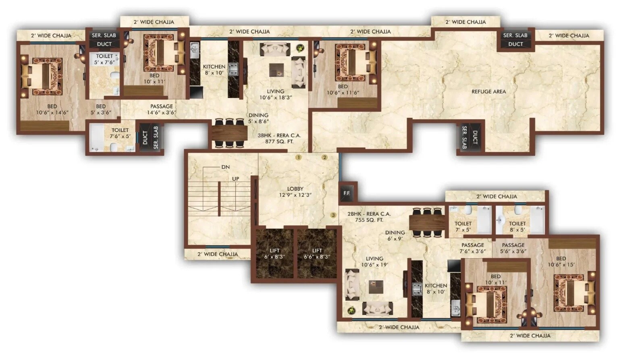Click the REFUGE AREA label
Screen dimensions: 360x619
(x=488, y=92)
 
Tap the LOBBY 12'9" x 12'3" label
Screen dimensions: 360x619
(x=295, y=192)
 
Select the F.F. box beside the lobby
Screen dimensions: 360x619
(x=347, y=193)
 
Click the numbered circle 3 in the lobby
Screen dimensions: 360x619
(x=333, y=215)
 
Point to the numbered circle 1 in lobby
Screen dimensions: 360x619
(x=298, y=158)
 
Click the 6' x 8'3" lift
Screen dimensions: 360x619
(x=274, y=254)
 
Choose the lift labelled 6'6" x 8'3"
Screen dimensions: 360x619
(x=317, y=254)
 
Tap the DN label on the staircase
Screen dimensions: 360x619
(x=225, y=167)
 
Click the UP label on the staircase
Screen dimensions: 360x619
(x=235, y=179)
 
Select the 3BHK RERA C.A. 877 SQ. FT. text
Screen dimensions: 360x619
(x=279, y=139)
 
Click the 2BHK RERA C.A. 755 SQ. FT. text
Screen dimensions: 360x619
(x=369, y=217)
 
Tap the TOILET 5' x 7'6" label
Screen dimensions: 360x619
(x=104, y=59)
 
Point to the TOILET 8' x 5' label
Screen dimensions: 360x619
(x=517, y=227)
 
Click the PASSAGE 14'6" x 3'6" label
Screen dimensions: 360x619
(x=162, y=109)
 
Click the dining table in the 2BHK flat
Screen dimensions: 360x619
(x=427, y=222)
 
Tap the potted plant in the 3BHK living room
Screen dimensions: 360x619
(x=300, y=48)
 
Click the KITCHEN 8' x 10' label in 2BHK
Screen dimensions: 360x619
(x=436, y=289)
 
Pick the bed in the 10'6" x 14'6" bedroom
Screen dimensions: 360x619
(x=42, y=77)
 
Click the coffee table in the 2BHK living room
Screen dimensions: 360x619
(x=376, y=287)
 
